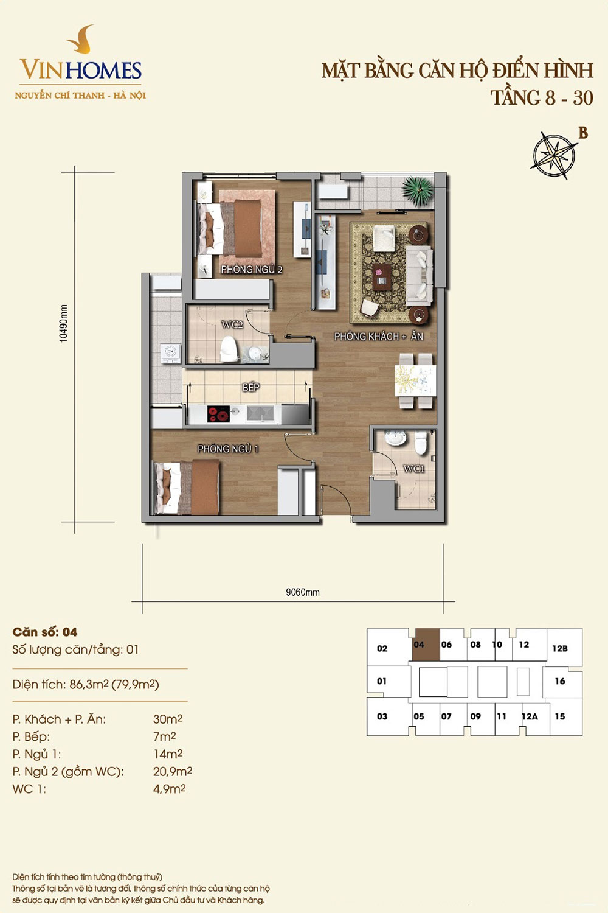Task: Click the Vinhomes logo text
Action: (81, 70)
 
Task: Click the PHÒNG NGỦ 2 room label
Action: (251, 270)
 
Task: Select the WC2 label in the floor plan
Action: (232, 325)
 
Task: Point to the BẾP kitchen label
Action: (251, 387)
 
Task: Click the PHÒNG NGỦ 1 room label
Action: (228, 449)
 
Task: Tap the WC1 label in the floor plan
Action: (414, 469)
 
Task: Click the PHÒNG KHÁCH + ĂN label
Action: (379, 336)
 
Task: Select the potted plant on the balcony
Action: (418, 190)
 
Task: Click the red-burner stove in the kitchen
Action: (219, 414)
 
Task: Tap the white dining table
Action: (415, 380)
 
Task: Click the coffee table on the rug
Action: (382, 277)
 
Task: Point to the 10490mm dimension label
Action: (63, 323)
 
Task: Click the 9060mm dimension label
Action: (303, 592)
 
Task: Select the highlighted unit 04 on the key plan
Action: (426, 645)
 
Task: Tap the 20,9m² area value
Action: (173, 771)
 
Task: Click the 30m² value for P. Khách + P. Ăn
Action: (168, 719)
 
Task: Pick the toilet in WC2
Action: (229, 349)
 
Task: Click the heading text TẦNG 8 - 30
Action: (542, 98)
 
